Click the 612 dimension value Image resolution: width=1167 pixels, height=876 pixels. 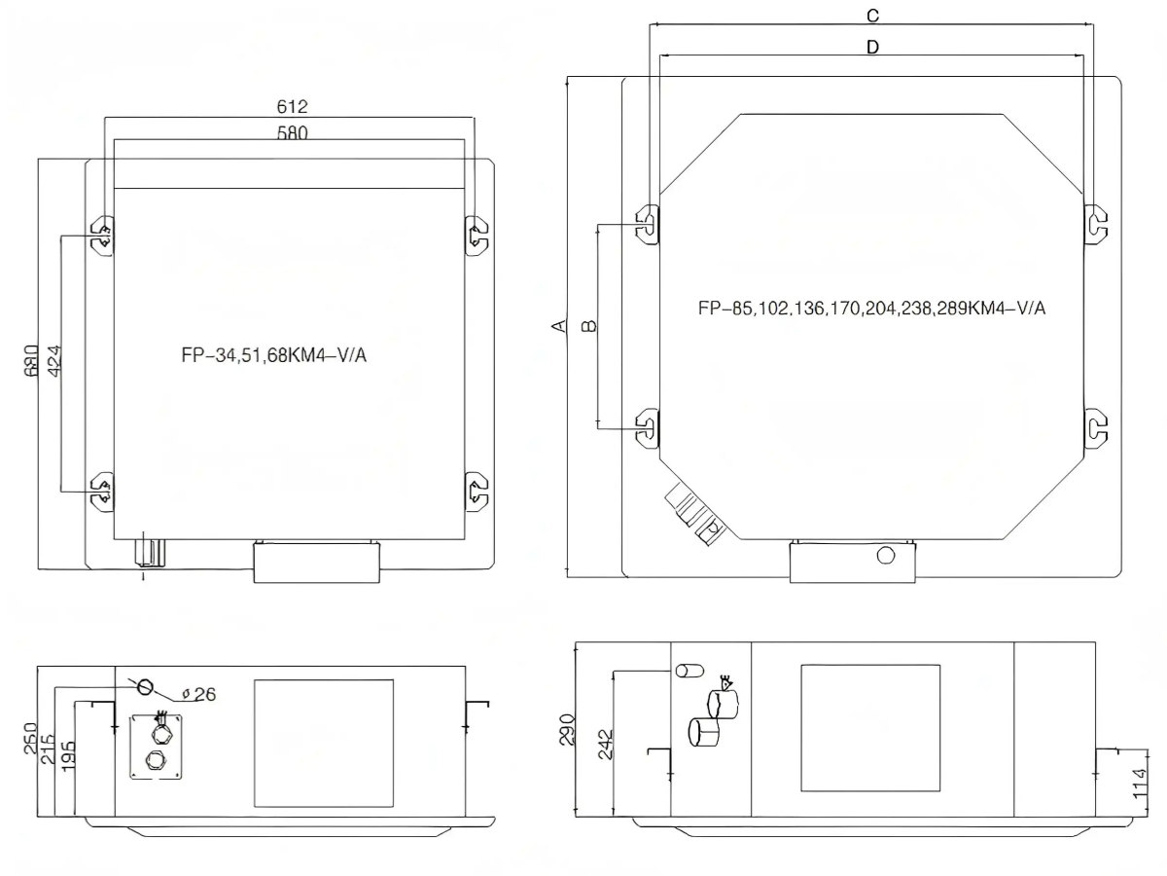(x=292, y=107)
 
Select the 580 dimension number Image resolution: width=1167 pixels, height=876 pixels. (x=293, y=132)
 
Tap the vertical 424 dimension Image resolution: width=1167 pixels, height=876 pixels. (x=54, y=361)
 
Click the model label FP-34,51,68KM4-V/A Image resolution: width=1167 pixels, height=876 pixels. (x=274, y=354)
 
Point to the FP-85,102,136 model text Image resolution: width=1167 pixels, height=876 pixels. (x=871, y=308)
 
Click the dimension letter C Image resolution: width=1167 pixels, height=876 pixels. (x=872, y=16)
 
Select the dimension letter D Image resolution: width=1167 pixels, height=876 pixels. (x=872, y=48)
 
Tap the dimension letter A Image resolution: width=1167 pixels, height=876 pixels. (x=559, y=325)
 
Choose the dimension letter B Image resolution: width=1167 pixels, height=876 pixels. (x=589, y=325)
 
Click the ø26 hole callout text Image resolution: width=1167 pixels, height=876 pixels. (x=198, y=694)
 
